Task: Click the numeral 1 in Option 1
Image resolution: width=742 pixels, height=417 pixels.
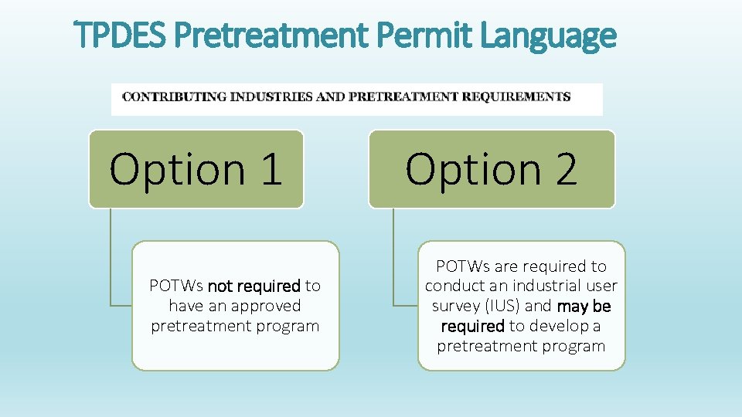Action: click(x=271, y=169)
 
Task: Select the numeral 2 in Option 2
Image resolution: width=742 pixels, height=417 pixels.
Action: click(x=565, y=169)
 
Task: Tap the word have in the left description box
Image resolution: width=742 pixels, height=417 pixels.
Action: click(x=184, y=306)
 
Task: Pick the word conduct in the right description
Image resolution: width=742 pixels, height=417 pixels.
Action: click(x=451, y=286)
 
